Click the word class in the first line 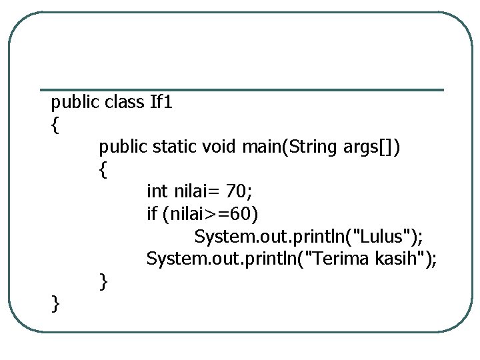125,102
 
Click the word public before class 75,103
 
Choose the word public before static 123,147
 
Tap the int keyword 157,192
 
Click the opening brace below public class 55,125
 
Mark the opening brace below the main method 103,169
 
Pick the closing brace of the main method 103,281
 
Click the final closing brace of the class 55,304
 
